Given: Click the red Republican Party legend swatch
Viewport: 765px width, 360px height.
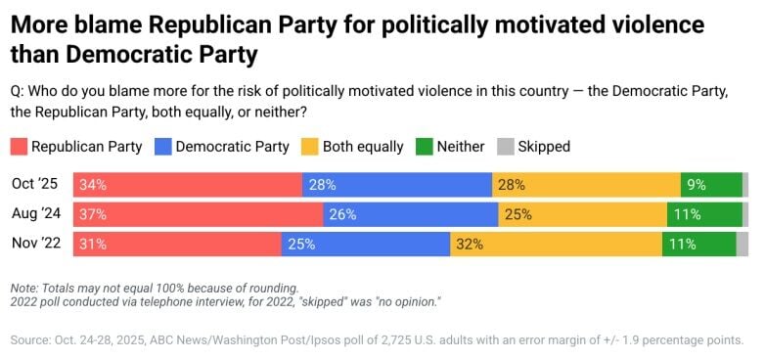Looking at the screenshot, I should pyautogui.click(x=19, y=147).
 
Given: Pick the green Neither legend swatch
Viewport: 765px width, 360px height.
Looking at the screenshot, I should pyautogui.click(x=424, y=147).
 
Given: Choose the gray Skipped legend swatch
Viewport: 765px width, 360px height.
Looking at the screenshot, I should pyautogui.click(x=506, y=147).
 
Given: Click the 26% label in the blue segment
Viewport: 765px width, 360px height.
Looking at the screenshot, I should pyautogui.click(x=343, y=214).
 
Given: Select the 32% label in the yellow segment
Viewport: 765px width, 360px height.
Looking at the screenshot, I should pyautogui.click(x=470, y=245).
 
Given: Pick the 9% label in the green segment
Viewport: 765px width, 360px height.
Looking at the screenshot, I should pyautogui.click(x=697, y=184).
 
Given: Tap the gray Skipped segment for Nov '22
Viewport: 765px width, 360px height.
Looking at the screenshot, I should pyautogui.click(x=742, y=245).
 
